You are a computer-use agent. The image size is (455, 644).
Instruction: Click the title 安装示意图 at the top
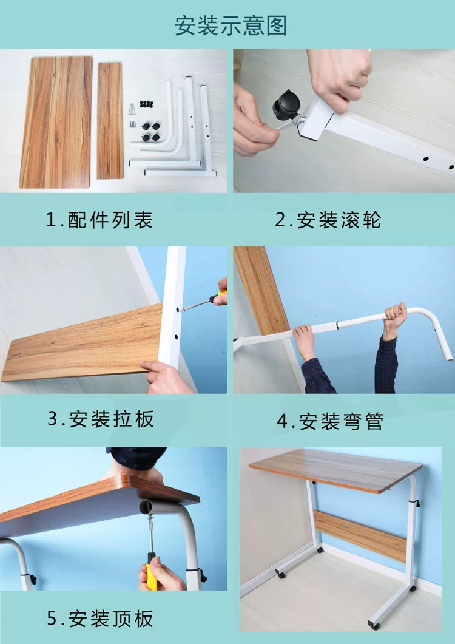[x=231, y=25]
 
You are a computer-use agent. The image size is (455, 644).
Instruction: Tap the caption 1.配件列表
[x=99, y=220]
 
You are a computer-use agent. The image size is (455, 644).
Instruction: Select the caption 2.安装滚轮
[x=328, y=220]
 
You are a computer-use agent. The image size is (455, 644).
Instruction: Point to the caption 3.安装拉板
[x=101, y=419]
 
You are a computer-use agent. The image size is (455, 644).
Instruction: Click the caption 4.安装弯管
[x=330, y=421]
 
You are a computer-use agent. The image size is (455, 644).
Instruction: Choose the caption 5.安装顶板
[x=99, y=619]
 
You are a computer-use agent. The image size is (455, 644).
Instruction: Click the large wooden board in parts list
[x=56, y=122]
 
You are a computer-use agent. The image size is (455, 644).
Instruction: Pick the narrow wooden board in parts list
[x=110, y=120]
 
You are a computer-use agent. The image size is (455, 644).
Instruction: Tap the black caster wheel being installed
[x=286, y=106]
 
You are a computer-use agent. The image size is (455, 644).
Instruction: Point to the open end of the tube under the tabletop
[x=146, y=507]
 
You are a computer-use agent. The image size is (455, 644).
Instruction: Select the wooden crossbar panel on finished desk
[x=360, y=535]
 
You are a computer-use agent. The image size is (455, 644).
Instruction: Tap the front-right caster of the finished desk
[x=374, y=625]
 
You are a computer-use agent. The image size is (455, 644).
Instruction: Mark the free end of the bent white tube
[x=450, y=358]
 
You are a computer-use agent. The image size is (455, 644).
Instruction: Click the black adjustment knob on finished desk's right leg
[x=417, y=504]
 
